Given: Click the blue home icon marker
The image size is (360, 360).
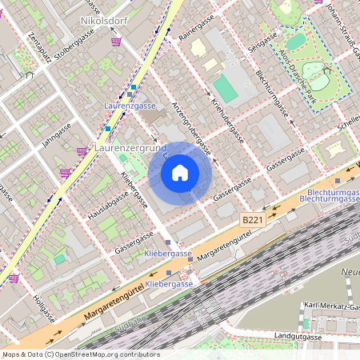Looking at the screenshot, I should coord(180,172).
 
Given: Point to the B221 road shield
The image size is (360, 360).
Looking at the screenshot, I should coord(252,218).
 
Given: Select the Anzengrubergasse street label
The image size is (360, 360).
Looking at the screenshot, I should coord(194,129).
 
